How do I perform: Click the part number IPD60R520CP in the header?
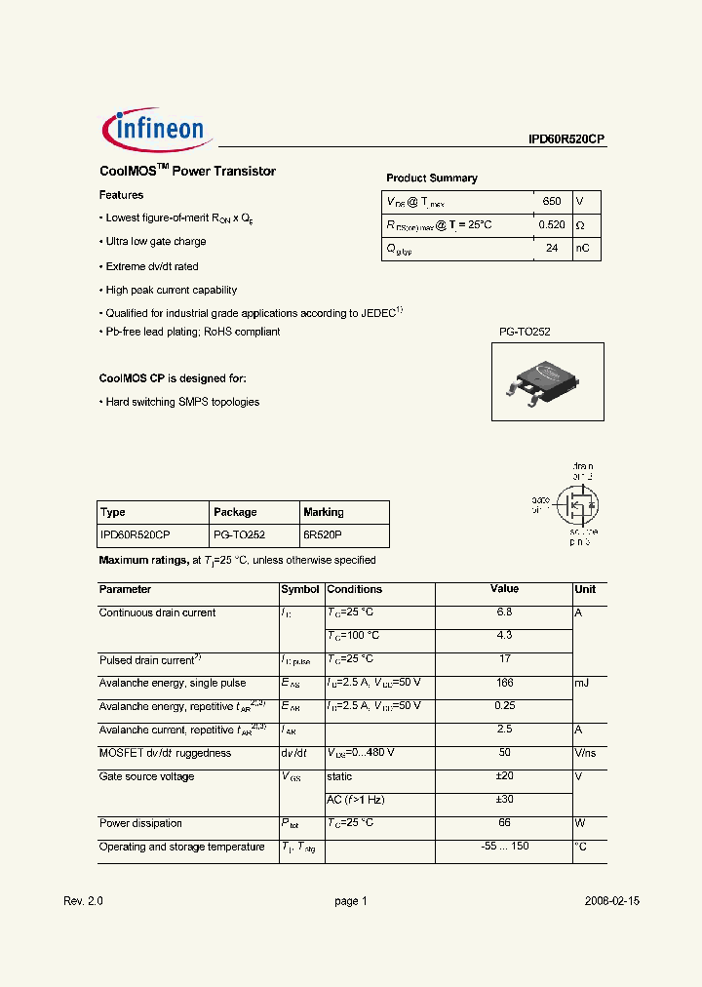[x=566, y=139]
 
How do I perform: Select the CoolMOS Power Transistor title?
[x=187, y=172]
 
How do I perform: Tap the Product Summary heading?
[x=432, y=178]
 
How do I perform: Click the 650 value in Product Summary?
[x=551, y=201]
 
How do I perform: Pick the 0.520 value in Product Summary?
[x=551, y=225]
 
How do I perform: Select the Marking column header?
[x=323, y=512]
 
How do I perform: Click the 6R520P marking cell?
[x=323, y=535]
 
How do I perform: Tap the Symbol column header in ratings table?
[x=299, y=589]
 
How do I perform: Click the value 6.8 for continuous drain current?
[x=503, y=612]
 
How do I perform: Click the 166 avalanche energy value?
[x=503, y=683]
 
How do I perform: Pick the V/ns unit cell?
[x=585, y=753]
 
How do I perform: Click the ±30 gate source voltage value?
[x=503, y=800]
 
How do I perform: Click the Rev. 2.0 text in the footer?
[x=83, y=901]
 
